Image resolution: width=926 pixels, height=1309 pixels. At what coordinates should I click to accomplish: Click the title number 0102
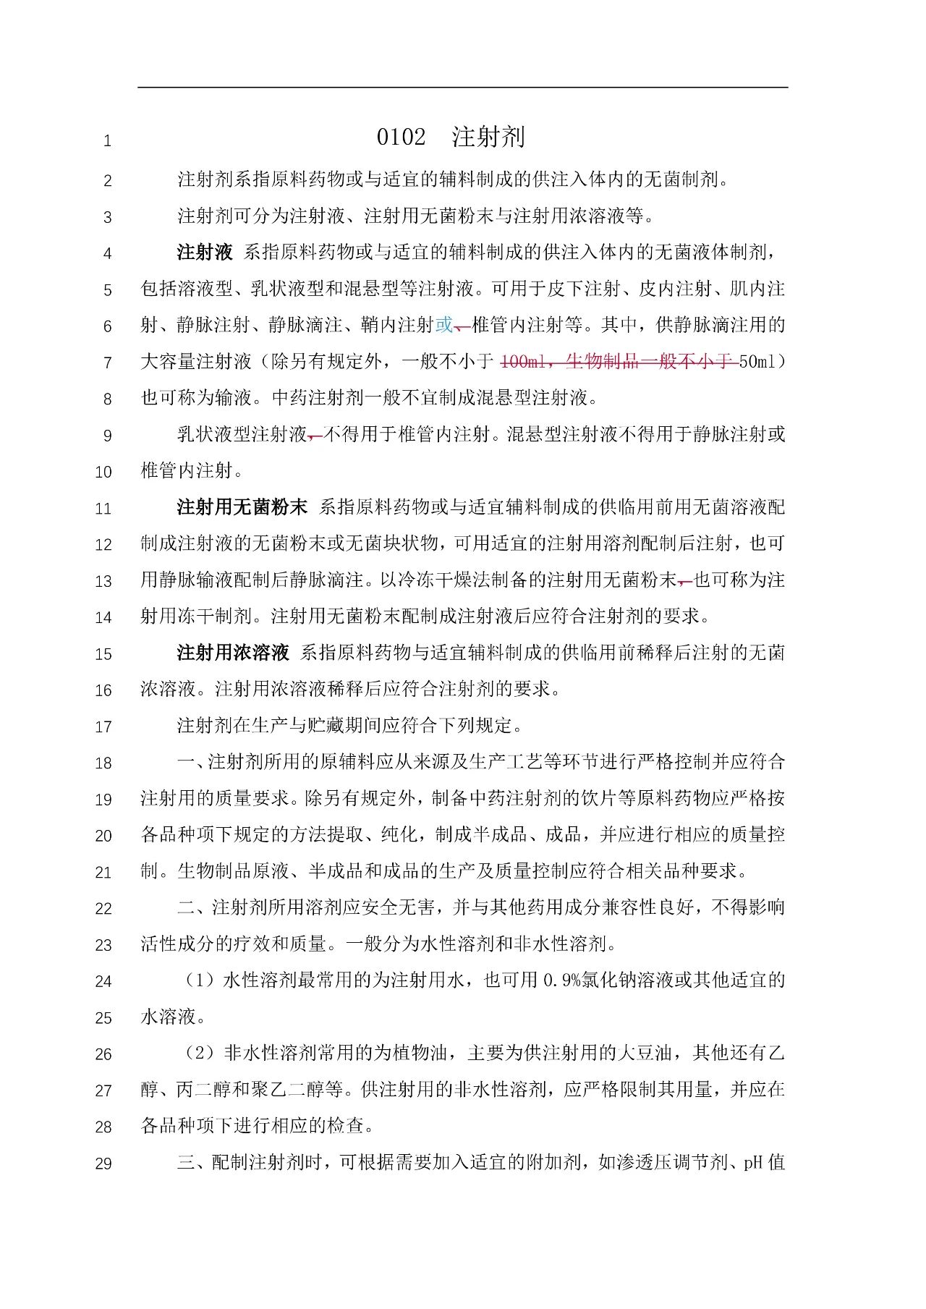401,137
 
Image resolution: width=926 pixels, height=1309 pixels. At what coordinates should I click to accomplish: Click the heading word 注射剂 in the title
488,137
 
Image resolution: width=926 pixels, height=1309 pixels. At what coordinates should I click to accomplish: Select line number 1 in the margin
107,140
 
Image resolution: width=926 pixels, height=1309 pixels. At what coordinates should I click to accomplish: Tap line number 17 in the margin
103,726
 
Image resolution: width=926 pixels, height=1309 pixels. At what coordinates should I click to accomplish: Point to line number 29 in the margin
103,1164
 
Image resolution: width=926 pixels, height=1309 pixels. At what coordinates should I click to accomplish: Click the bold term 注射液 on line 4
205,253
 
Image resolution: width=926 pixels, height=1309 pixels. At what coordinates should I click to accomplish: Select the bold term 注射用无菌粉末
242,507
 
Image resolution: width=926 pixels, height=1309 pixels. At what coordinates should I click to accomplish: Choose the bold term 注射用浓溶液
233,653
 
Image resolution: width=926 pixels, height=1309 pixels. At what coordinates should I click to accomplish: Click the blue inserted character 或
444,325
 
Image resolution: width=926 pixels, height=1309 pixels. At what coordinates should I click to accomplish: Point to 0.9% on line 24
558,980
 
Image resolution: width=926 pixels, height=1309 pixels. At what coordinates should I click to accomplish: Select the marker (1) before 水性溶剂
200,980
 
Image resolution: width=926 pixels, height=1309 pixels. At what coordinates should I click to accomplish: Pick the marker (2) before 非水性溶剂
200,1053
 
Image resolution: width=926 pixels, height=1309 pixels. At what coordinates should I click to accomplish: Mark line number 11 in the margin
103,509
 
